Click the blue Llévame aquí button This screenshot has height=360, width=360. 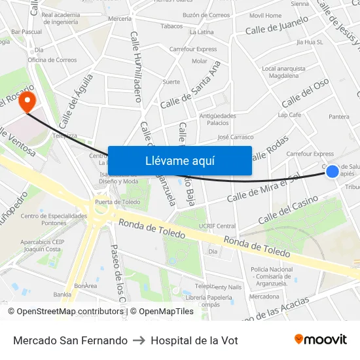(179, 160)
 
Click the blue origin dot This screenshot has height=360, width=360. (333, 171)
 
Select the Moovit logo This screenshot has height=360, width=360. (320, 340)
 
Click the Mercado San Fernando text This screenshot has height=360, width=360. (70, 340)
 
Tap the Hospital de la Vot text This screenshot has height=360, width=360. (194, 340)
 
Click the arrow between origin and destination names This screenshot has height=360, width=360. (139, 340)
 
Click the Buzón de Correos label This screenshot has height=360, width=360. (206, 15)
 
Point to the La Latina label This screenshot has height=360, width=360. (202, 31)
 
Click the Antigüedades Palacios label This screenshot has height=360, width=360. (217, 119)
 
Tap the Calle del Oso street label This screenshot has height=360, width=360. (305, 93)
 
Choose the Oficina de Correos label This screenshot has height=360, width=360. (52, 60)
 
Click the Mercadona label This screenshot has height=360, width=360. (264, 297)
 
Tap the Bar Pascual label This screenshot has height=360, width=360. (27, 31)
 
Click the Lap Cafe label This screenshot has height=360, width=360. (289, 115)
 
